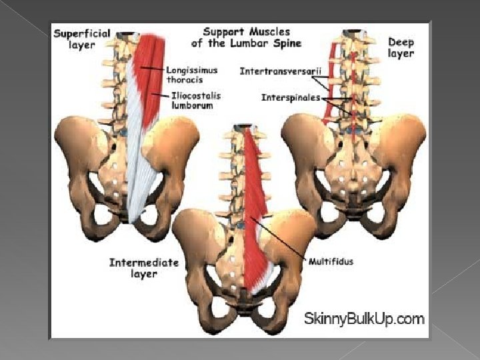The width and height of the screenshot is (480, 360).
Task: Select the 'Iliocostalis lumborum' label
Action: click(x=194, y=100)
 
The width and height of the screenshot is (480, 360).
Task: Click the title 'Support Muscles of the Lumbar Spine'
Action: click(x=246, y=37)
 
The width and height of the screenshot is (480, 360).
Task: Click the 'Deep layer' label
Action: click(x=401, y=47)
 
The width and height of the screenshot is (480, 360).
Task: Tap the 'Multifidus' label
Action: click(x=331, y=262)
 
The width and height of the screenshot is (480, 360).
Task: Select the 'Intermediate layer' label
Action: click(x=143, y=268)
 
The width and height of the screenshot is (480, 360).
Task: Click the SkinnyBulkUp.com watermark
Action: click(x=364, y=319)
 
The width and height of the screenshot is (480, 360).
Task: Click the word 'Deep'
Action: click(x=401, y=42)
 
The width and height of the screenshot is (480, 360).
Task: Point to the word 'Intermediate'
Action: click(x=143, y=263)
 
